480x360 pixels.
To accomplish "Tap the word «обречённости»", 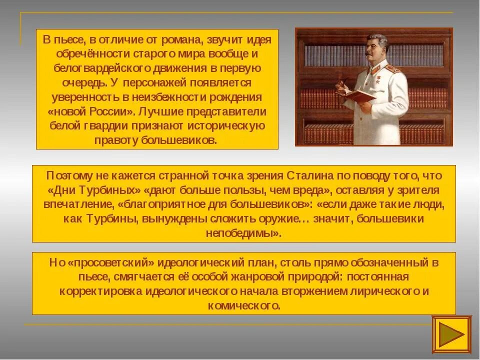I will click(81, 53).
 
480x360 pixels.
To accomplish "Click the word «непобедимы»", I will click(242, 233).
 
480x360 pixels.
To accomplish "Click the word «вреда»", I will click(309, 190).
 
